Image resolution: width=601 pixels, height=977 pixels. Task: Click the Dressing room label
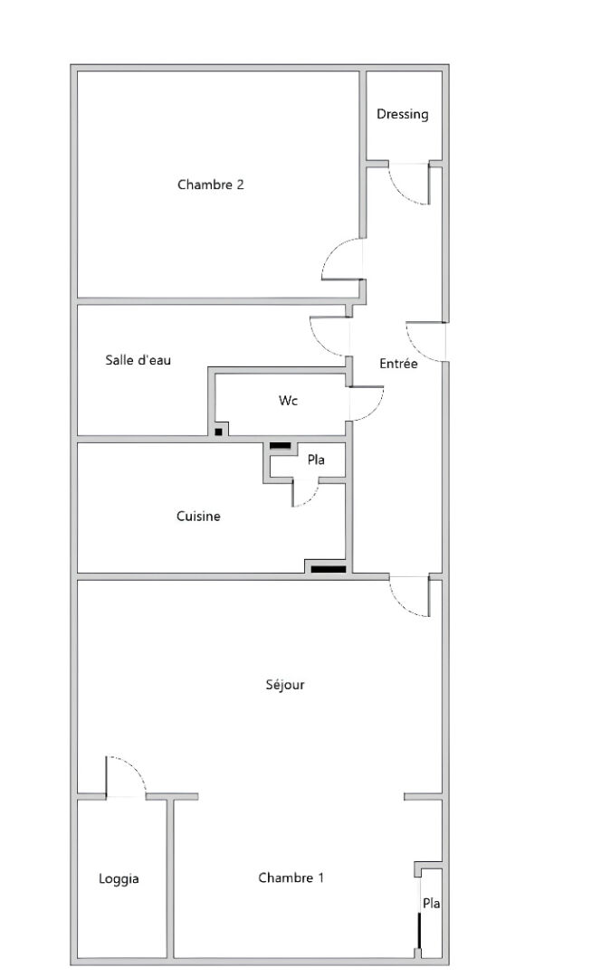point(402,115)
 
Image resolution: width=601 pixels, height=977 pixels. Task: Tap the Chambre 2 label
point(211,185)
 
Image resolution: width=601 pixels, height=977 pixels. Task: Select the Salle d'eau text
point(138,360)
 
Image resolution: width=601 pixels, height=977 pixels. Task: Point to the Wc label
point(288,400)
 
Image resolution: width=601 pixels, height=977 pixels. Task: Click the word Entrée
point(398,364)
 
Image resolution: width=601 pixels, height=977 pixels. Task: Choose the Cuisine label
point(198,516)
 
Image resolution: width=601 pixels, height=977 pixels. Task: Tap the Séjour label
point(285,685)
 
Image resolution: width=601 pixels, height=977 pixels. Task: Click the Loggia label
point(119,879)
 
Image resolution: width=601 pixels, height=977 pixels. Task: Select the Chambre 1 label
point(291,877)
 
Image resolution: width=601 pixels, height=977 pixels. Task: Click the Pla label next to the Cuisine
point(316,460)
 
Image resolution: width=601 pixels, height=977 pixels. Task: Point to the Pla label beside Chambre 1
point(432,903)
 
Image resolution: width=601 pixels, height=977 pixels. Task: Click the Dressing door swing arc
point(400,194)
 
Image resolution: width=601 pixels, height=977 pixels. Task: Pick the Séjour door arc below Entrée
point(401,605)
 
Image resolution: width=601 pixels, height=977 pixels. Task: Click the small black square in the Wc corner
point(218,432)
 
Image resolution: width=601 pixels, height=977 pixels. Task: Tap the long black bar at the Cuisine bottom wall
point(329,569)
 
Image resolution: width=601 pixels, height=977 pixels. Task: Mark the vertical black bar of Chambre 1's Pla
point(420,930)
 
